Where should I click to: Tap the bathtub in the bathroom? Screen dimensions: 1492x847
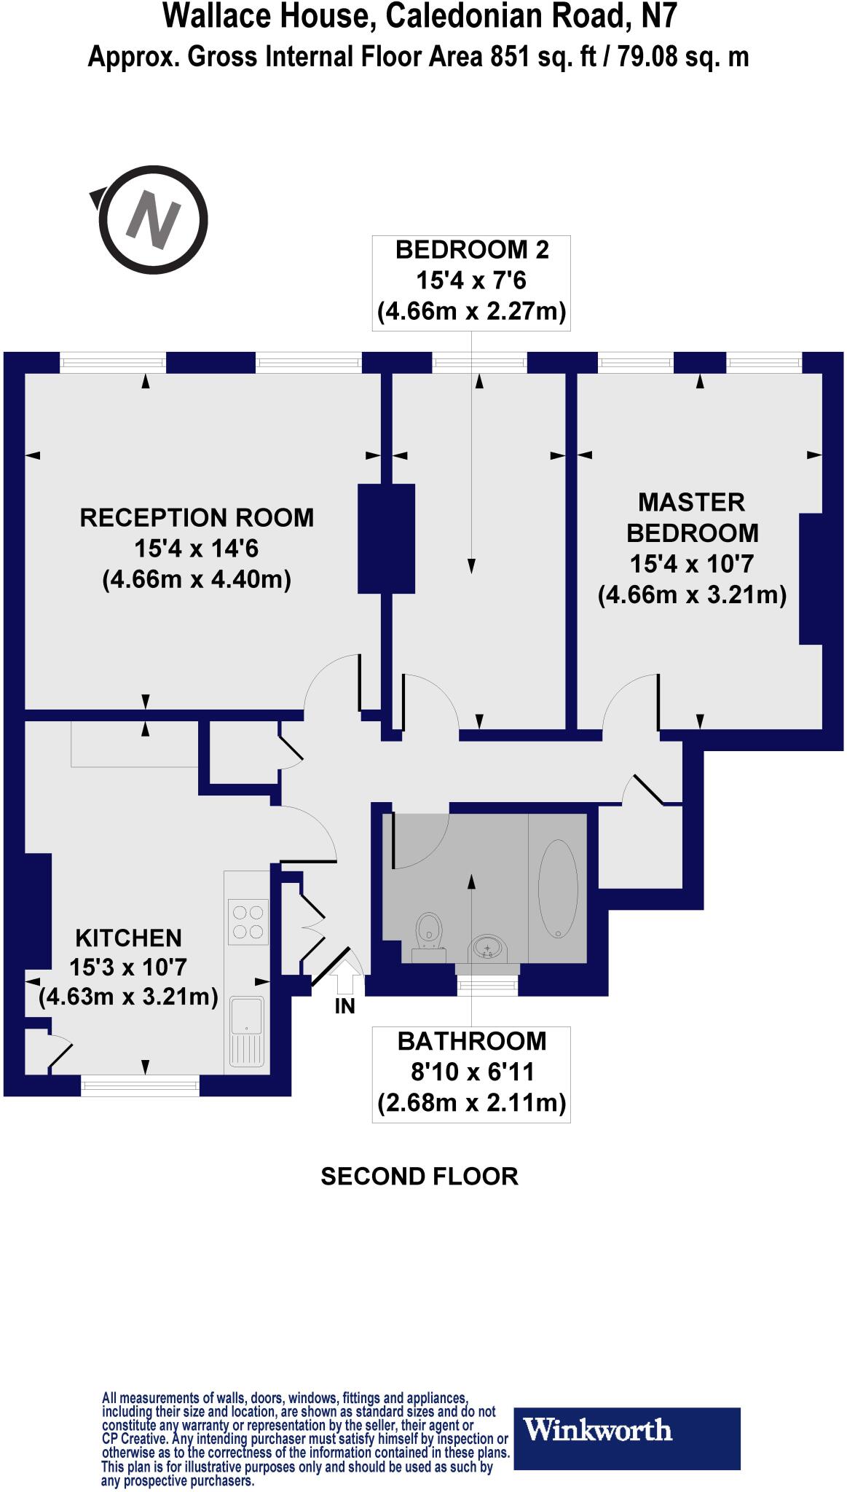point(558,889)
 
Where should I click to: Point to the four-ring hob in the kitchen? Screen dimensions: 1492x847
point(248,922)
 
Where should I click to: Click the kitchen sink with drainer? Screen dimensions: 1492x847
point(247,1030)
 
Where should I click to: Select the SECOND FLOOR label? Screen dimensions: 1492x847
point(419,1177)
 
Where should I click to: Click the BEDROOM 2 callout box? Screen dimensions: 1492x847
point(471,282)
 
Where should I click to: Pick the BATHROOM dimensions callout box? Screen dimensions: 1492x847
point(471,1073)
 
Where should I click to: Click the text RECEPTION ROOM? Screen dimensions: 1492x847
point(197,518)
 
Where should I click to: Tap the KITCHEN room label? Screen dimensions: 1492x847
point(129,937)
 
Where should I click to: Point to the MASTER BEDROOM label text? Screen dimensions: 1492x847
point(692,517)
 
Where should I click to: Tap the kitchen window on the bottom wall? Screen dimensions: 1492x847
point(139,1085)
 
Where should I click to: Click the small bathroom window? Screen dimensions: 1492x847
point(487,986)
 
